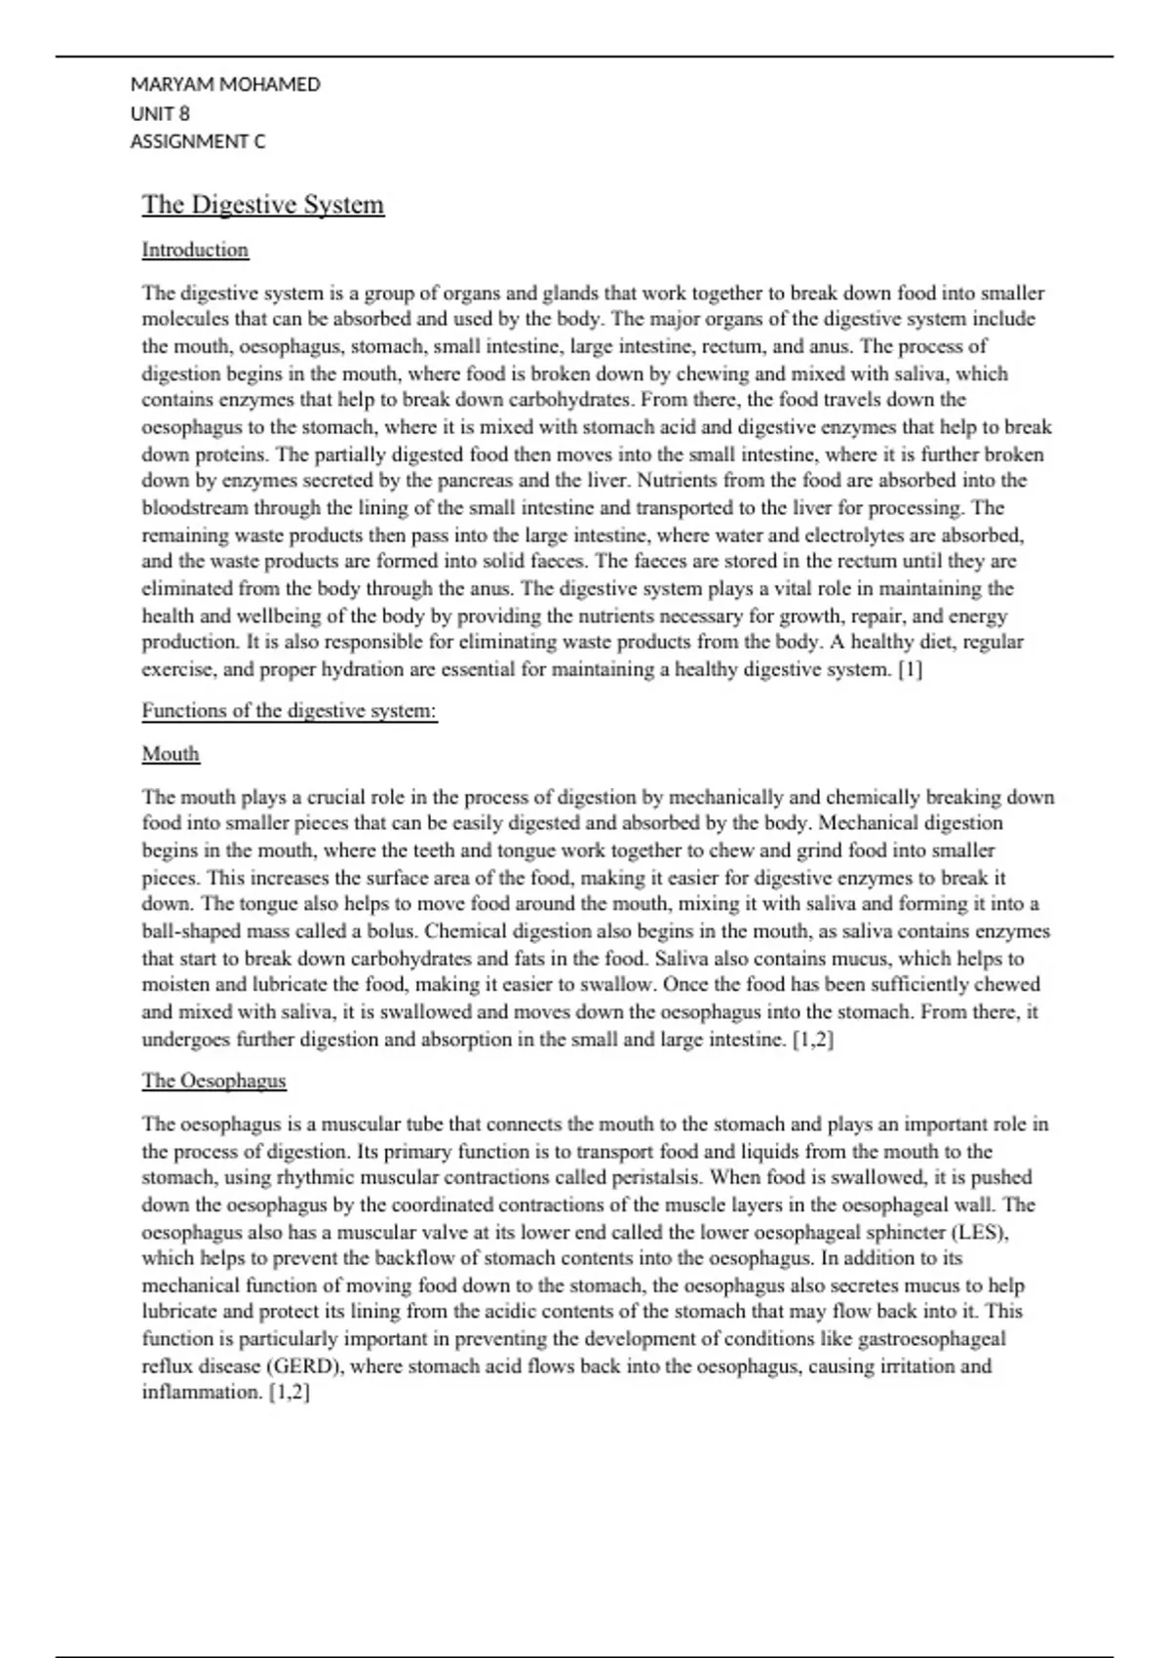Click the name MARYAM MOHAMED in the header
point(225,85)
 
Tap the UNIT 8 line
point(160,113)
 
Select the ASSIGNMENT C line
point(198,141)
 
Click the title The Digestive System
point(263,205)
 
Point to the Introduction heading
point(195,250)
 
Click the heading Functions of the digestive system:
point(290,711)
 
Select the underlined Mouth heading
point(171,754)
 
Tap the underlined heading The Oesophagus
point(214,1081)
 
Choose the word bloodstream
point(194,508)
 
